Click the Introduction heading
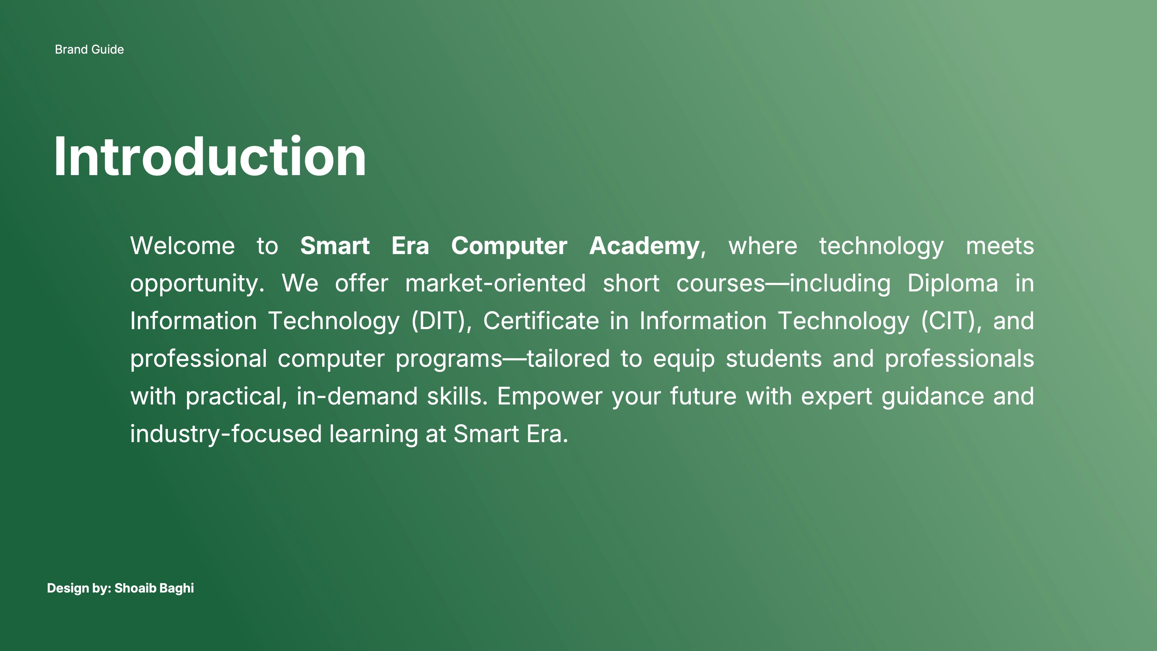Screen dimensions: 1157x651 pos(210,156)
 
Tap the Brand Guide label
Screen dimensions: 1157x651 pos(89,49)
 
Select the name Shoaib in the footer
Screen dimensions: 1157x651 pos(135,588)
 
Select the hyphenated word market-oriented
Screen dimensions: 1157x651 pos(495,284)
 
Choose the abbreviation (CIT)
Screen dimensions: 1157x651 pos(948,322)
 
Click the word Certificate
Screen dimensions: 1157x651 pos(541,321)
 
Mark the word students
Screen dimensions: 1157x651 pos(773,359)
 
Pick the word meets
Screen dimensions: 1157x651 pos(1000,246)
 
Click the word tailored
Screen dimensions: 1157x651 pos(568,359)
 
